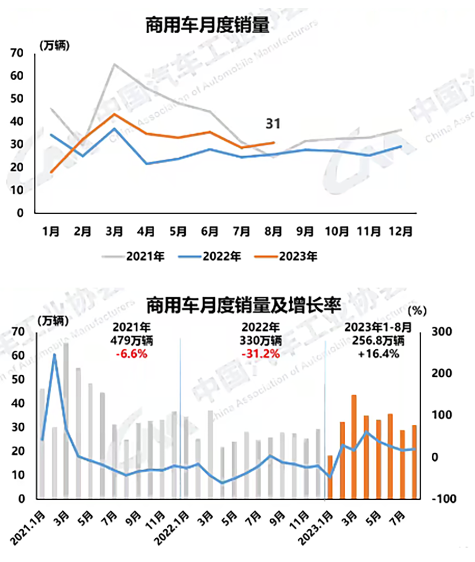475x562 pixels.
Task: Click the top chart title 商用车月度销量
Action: (x=207, y=26)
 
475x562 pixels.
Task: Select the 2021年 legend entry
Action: (x=134, y=257)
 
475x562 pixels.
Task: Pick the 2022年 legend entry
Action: (x=210, y=257)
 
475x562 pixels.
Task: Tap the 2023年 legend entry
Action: (x=286, y=257)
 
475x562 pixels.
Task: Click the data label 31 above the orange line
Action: (x=273, y=124)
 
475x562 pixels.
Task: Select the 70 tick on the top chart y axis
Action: (x=17, y=53)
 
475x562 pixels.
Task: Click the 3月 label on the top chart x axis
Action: (x=115, y=231)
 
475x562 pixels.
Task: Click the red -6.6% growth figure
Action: (x=131, y=354)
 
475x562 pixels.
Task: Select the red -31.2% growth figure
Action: (x=260, y=354)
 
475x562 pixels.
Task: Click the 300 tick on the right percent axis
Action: (x=442, y=331)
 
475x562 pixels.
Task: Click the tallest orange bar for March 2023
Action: (x=354, y=446)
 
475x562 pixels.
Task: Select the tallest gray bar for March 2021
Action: (x=66, y=421)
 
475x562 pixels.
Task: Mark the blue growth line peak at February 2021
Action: (x=54, y=355)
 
